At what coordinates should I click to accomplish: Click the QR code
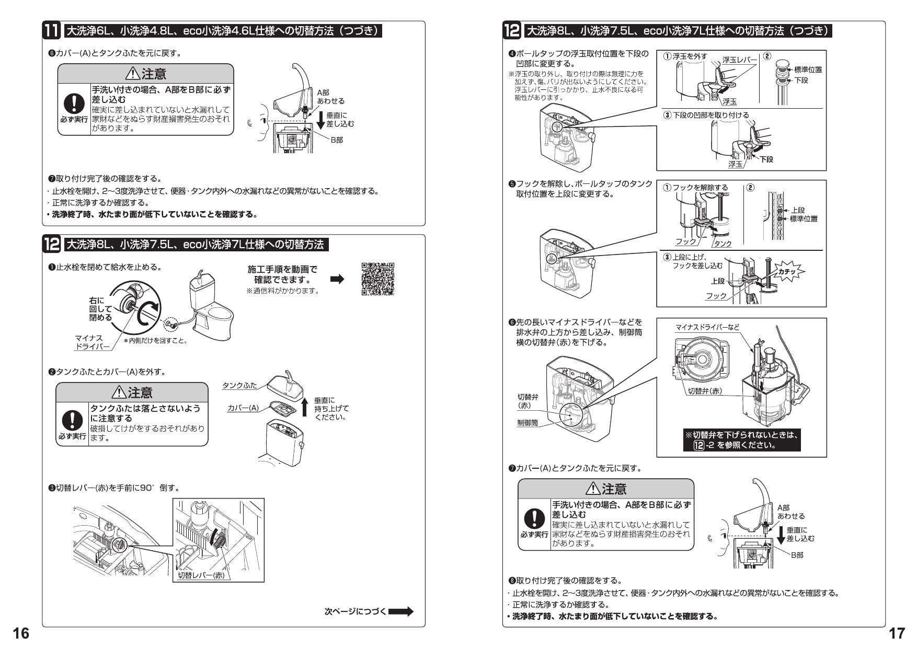point(377,279)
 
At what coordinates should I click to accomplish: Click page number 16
point(21,633)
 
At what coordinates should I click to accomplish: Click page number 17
point(896,633)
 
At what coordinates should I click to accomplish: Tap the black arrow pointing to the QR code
point(338,279)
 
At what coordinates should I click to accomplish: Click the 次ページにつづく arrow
point(400,611)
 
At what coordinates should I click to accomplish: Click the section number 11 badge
point(52,30)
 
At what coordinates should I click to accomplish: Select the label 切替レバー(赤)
point(201,575)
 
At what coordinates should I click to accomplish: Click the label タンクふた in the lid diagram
point(239,385)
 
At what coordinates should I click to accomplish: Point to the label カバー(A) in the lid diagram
point(243,408)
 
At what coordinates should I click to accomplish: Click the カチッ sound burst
point(787,271)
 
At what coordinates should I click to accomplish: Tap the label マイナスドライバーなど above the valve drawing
point(707,327)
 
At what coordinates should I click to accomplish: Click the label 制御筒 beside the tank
point(527,422)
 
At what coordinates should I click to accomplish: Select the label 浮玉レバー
point(739,60)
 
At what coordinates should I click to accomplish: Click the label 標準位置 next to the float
point(808,70)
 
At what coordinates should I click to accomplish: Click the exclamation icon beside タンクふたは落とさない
point(72,420)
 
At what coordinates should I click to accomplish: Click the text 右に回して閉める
point(100,309)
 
